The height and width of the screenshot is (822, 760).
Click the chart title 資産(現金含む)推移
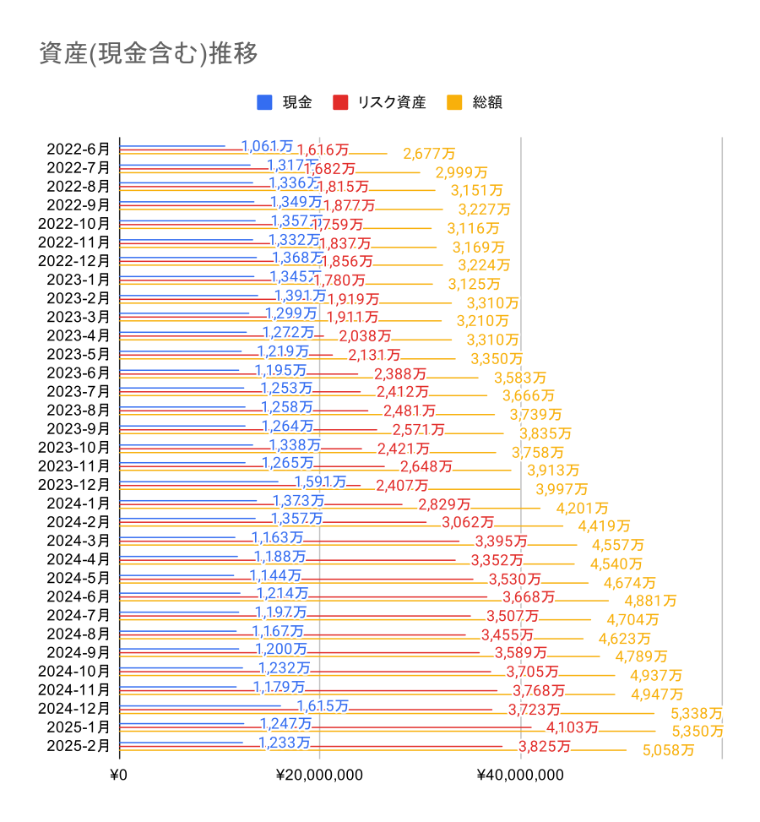pyautogui.click(x=149, y=53)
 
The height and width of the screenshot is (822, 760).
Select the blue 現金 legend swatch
pyautogui.click(x=264, y=102)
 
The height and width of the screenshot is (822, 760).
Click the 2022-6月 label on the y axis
pyautogui.click(x=79, y=149)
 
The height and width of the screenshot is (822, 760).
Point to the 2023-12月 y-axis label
pyautogui.click(x=75, y=484)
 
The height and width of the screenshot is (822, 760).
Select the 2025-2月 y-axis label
pyautogui.click(x=79, y=745)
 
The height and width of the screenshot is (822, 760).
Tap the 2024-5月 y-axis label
pyautogui.click(x=79, y=578)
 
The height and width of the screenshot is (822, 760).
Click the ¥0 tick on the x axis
pyautogui.click(x=120, y=775)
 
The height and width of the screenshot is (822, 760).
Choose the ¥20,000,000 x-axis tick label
pyautogui.click(x=320, y=775)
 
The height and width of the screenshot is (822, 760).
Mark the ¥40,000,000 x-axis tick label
pyautogui.click(x=520, y=775)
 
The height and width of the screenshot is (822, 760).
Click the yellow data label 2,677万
pyautogui.click(x=429, y=154)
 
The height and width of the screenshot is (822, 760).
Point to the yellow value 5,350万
pyautogui.click(x=698, y=732)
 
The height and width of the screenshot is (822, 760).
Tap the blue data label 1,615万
pyautogui.click(x=323, y=706)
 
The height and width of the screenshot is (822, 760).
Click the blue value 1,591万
pyautogui.click(x=320, y=482)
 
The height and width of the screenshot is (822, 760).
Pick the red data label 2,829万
pyautogui.click(x=444, y=504)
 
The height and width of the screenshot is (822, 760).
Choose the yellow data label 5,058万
pyautogui.click(x=668, y=750)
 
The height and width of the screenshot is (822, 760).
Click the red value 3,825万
pyautogui.click(x=545, y=746)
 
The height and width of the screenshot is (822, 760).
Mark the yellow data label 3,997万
pyautogui.click(x=562, y=489)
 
